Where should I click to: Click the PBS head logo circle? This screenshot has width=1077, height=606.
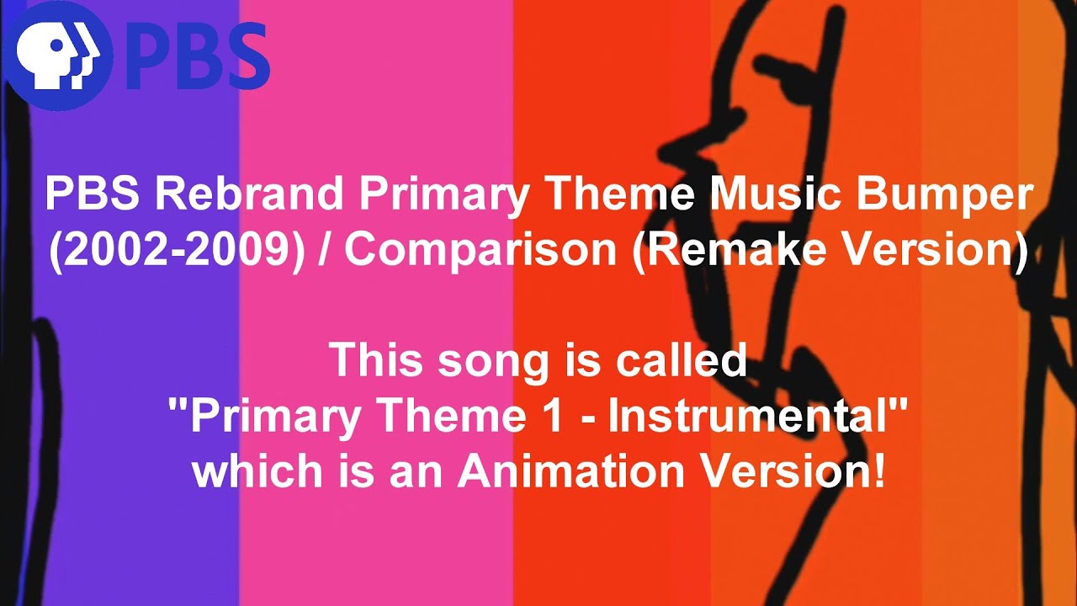(56, 57)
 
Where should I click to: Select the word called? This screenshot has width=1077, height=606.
(681, 359)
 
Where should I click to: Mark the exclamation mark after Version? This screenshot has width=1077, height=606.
(878, 471)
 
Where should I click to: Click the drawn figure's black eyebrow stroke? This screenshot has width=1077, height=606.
(778, 72)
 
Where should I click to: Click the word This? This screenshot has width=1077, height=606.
(376, 359)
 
